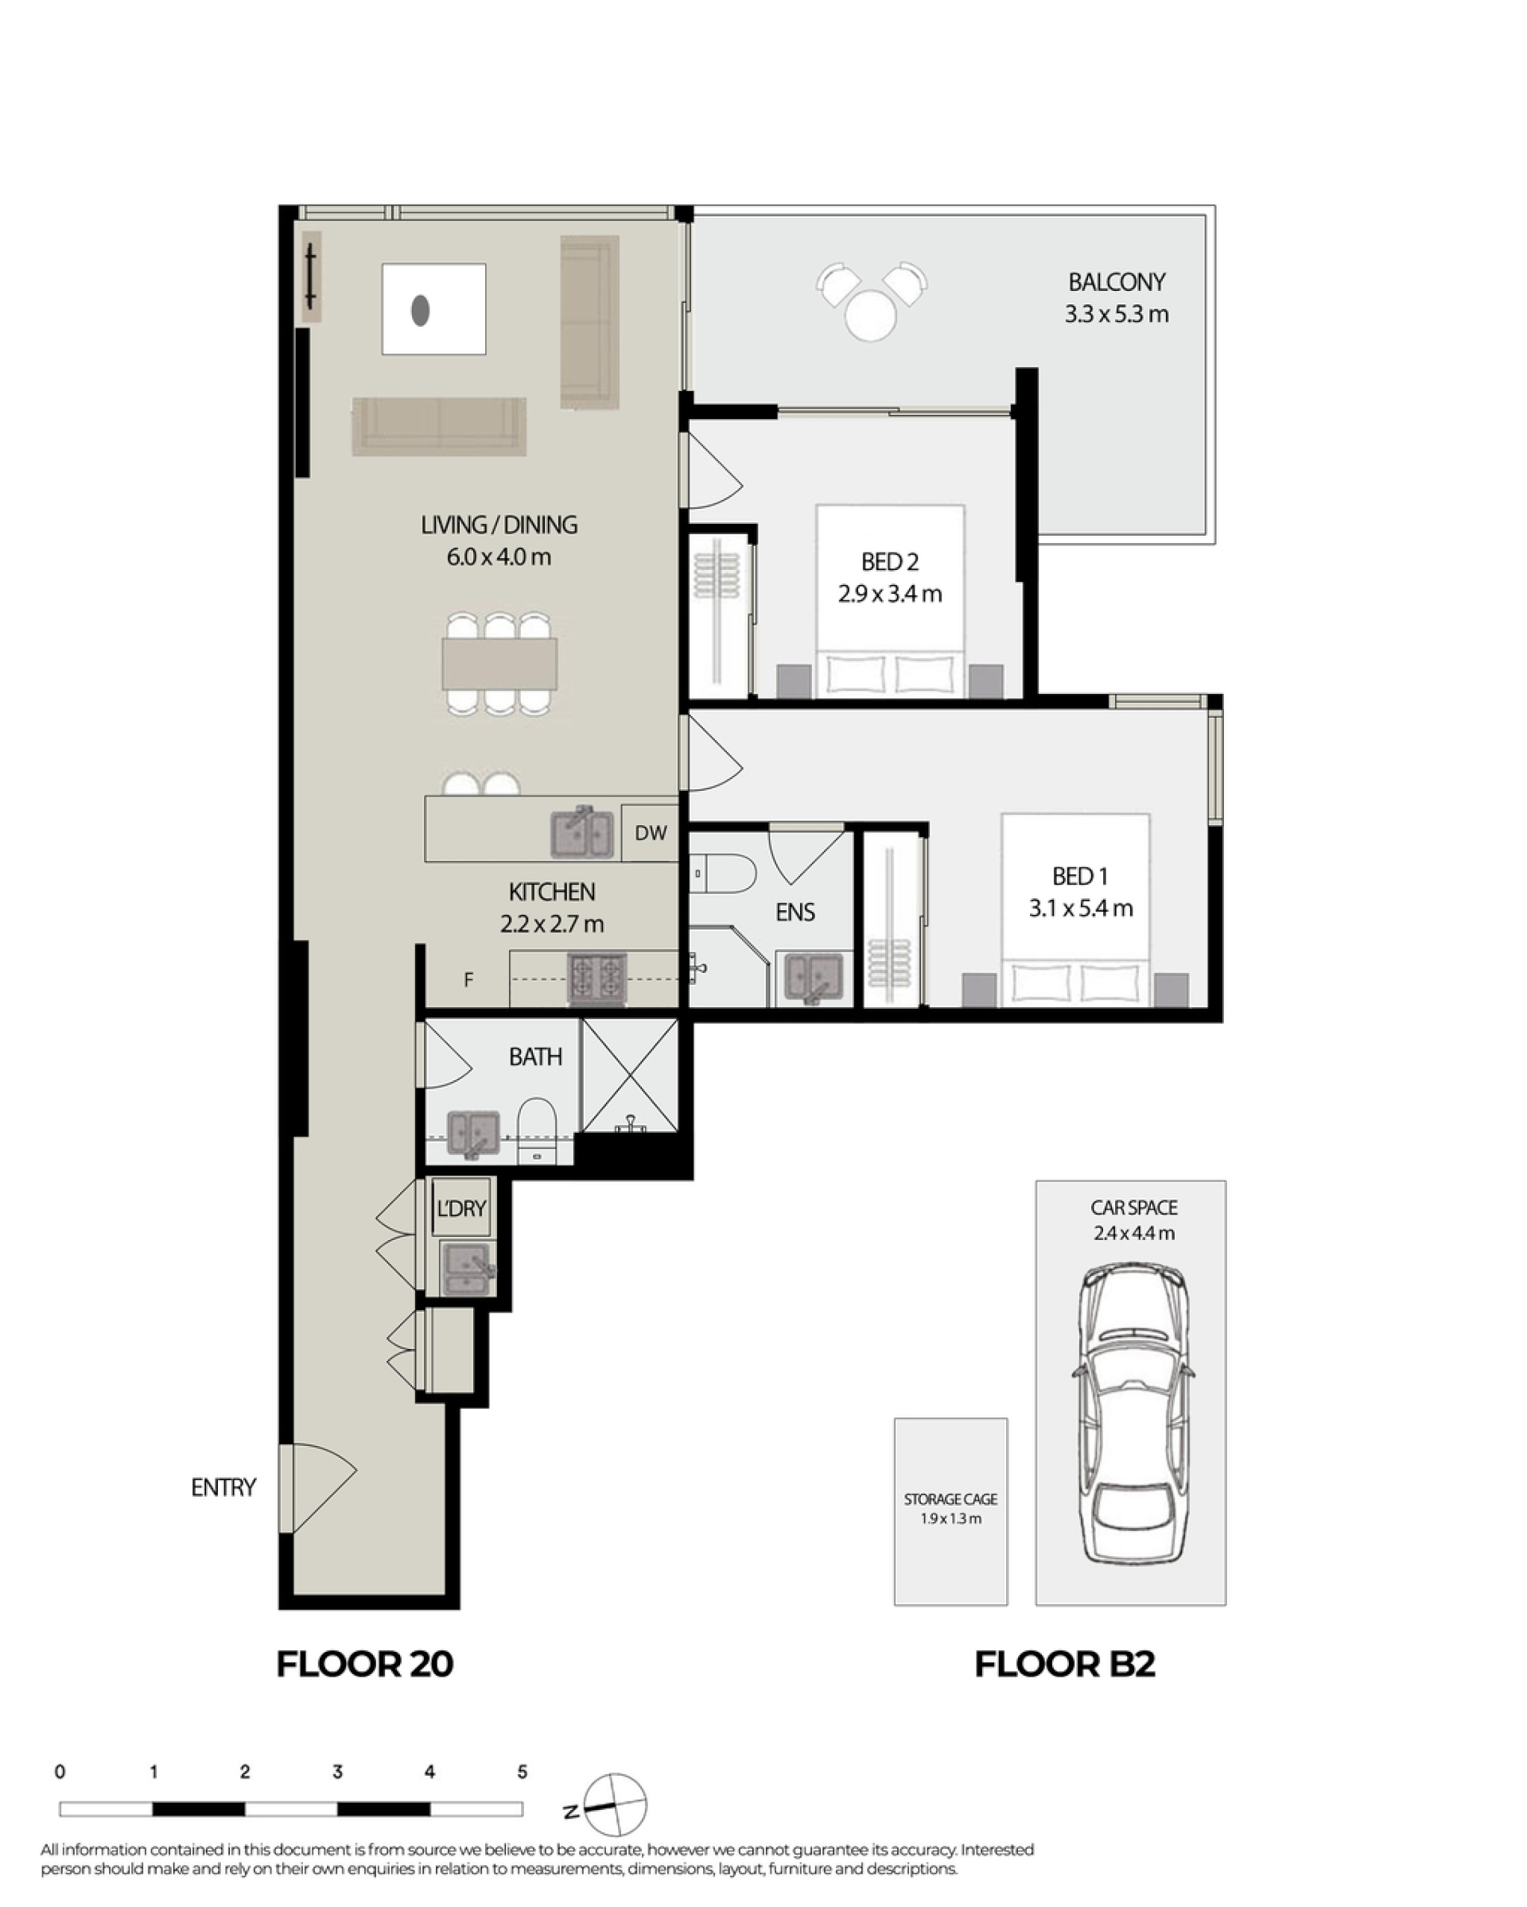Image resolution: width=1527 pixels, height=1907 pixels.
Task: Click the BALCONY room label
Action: point(1116,282)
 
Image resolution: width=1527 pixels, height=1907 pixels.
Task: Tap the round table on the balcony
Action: point(871,315)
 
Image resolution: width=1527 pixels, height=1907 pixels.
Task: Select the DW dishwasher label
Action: point(651,832)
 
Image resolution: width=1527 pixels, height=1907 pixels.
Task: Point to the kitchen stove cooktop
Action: point(596,979)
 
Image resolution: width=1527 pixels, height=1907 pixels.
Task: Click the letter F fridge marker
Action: point(469,979)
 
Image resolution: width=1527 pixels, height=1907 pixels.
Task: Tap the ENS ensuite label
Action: point(795,912)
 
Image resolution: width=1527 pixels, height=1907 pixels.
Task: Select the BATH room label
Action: point(535,1056)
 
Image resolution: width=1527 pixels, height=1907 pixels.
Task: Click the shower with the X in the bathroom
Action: point(630,1075)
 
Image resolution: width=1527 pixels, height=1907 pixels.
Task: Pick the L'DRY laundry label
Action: point(462,1207)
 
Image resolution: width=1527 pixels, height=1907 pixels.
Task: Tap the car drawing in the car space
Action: point(1133,1413)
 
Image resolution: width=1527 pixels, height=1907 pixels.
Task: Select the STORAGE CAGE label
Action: point(950,1498)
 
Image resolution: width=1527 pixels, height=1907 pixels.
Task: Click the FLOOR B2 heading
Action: point(1065,1664)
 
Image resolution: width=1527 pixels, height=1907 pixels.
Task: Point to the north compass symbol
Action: point(614,1804)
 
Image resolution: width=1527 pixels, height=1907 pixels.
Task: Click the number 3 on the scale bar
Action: point(337,1772)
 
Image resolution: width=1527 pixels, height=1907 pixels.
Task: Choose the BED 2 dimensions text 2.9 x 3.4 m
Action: point(890,594)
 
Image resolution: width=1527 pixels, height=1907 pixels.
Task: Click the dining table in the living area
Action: point(500,664)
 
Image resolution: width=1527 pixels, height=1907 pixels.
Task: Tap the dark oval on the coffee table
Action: point(420,309)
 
